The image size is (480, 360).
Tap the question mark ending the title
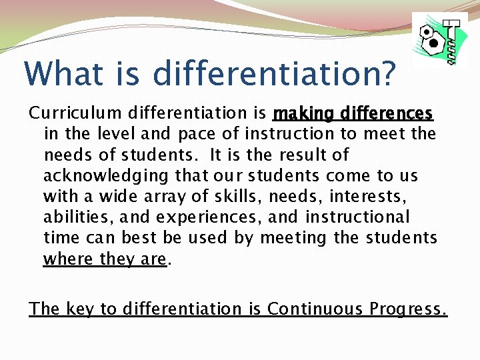[x=386, y=73]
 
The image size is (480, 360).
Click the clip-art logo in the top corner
[x=439, y=40]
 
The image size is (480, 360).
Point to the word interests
[x=369, y=196]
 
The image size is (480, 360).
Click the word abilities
[x=73, y=217]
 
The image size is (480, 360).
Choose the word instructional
[x=357, y=217]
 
